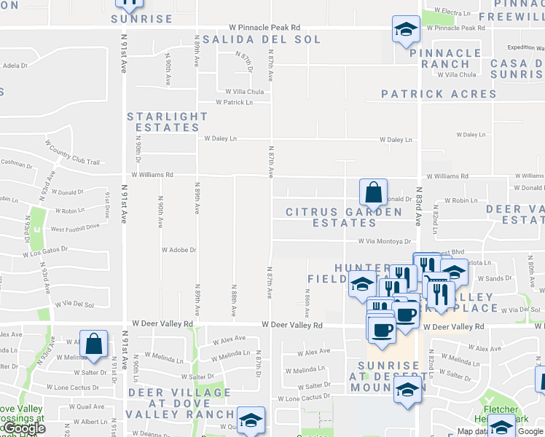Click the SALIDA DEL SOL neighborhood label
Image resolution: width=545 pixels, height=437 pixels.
coord(261,39)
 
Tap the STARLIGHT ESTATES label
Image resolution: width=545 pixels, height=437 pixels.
coord(168,122)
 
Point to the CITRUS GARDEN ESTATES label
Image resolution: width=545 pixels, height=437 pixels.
coord(344,217)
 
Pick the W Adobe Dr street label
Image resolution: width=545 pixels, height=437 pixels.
coord(178,250)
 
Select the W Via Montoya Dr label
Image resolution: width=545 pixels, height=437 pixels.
coord(384,241)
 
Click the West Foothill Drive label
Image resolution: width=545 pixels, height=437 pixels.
coord(74,227)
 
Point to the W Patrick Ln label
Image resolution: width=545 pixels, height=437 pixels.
coord(233,103)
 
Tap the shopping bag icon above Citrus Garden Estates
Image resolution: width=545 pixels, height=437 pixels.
coord(373,193)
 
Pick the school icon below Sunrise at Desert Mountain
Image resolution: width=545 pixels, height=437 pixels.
coord(407,389)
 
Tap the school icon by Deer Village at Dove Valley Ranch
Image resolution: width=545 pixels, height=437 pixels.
coord(251,420)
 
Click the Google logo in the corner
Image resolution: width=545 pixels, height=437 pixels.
coord(23,428)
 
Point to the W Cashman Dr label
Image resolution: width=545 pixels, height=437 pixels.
coord(16,165)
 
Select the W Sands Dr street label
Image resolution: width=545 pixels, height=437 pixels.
coord(498,278)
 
